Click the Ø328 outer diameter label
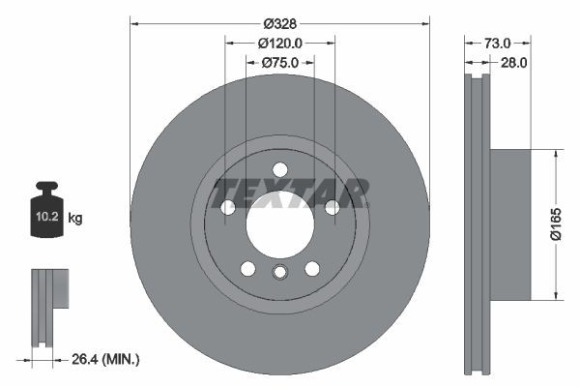(280, 23)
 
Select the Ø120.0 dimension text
(280, 43)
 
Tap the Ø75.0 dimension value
(280, 62)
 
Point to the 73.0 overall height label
(497, 43)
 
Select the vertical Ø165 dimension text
(570, 223)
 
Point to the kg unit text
(75, 219)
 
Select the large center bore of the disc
(279, 230)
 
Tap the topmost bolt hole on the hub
(279, 168)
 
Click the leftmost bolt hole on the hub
(228, 207)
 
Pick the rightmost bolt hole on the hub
(332, 207)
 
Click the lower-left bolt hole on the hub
(247, 268)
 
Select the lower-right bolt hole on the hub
(311, 268)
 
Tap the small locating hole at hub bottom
(279, 272)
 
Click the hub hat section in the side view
(512, 223)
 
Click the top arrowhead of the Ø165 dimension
(556, 154)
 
